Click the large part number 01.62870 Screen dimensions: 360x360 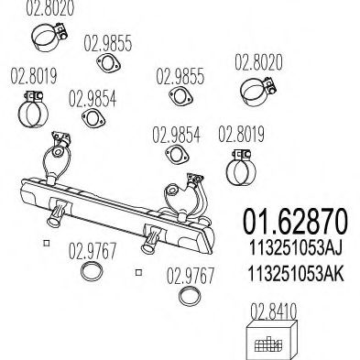[x=295, y=222]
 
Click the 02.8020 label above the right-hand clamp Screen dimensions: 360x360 [x=258, y=63]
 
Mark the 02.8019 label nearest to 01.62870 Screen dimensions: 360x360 [x=241, y=136]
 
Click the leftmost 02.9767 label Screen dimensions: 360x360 [x=93, y=246]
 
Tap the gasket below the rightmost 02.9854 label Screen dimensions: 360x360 [x=175, y=162]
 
